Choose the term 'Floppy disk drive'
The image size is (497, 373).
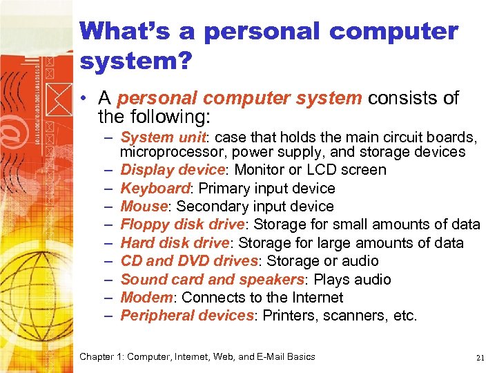pos(182,224)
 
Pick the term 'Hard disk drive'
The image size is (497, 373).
pos(175,243)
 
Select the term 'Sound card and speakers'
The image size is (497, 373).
pos(212,279)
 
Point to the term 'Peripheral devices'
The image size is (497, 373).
pos(187,316)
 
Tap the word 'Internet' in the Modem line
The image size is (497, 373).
pos(317,298)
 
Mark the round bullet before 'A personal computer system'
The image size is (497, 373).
pos(84,99)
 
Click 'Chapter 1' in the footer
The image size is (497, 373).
pos(101,357)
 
